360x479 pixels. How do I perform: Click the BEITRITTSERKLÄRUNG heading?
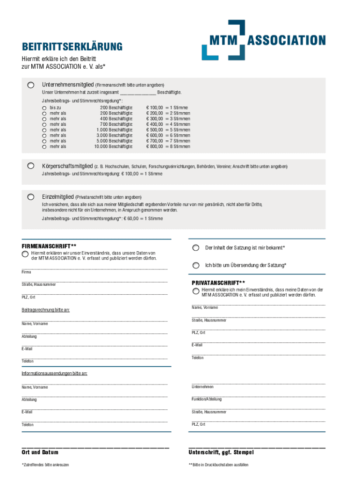(72, 47)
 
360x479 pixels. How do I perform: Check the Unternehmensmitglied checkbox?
(30, 85)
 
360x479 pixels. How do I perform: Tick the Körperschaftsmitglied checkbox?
(30, 166)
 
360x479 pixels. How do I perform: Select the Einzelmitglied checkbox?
(30, 197)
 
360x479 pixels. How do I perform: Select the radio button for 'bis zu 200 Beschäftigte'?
(44, 108)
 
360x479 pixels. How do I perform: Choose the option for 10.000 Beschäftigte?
(44, 146)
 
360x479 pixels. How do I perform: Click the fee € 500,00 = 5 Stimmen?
(168, 130)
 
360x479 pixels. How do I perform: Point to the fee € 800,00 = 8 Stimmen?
(168, 146)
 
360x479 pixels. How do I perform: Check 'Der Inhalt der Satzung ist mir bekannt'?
(195, 248)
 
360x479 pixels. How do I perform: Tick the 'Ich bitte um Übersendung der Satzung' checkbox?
(195, 265)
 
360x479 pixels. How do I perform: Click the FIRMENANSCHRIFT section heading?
(49, 246)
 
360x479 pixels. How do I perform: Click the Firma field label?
(26, 272)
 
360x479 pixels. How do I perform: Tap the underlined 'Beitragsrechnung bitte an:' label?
(46, 310)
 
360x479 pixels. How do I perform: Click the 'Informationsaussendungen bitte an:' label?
(54, 374)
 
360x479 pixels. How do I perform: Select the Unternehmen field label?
(202, 387)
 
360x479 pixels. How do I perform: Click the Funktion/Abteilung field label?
(207, 399)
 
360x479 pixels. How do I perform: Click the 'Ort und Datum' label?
(40, 452)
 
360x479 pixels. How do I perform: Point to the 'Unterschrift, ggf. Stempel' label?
(221, 452)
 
